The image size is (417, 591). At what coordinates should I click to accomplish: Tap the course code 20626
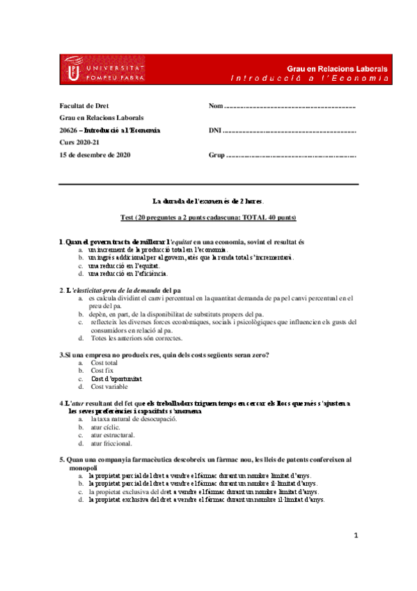tap(68, 130)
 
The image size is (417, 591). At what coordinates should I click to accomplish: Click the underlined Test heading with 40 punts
tap(208, 217)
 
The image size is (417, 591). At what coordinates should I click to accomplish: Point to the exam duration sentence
tap(208, 200)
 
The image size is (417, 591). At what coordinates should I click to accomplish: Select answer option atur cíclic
tap(106, 427)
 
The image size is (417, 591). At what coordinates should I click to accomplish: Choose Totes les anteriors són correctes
tap(136, 338)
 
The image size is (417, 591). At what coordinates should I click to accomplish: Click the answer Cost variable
tap(109, 386)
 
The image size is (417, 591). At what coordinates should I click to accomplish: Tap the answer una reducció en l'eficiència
tap(128, 273)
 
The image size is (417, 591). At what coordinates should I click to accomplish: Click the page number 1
tap(356, 536)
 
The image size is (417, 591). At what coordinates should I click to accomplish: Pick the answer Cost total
tap(104, 363)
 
